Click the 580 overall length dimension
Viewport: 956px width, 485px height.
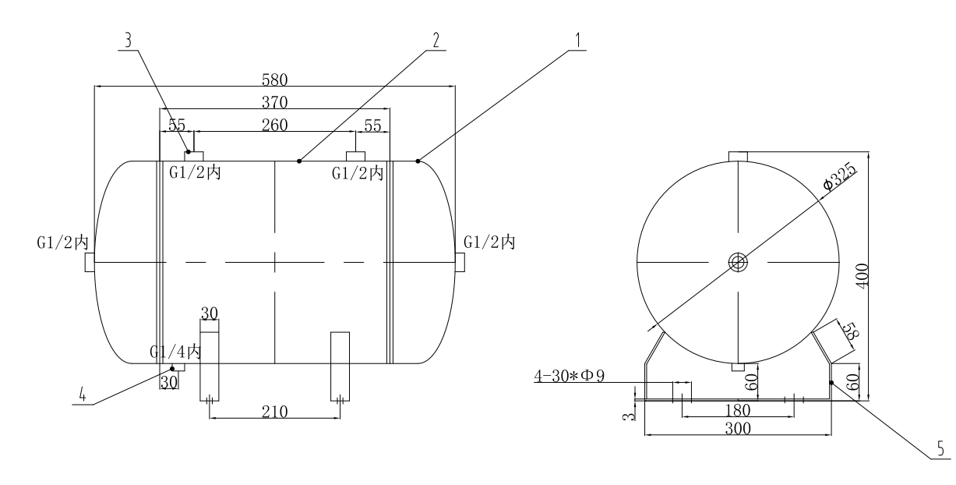pyautogui.click(x=275, y=79)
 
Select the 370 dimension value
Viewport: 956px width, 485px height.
pyautogui.click(x=275, y=101)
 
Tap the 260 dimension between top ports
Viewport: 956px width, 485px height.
pyautogui.click(x=275, y=125)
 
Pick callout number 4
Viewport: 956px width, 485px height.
pyautogui.click(x=81, y=395)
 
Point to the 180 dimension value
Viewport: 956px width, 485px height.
pyautogui.click(x=738, y=409)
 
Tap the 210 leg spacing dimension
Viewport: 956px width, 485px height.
pyautogui.click(x=275, y=412)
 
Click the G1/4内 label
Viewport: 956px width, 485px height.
pyautogui.click(x=175, y=352)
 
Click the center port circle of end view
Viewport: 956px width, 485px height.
pyautogui.click(x=738, y=263)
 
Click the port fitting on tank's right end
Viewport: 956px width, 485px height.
pyautogui.click(x=460, y=263)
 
